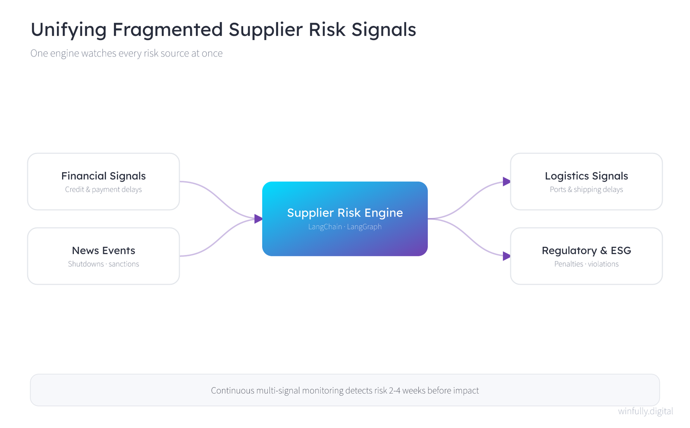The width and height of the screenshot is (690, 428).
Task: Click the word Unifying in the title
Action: (69, 30)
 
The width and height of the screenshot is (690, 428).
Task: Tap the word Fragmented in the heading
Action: (167, 30)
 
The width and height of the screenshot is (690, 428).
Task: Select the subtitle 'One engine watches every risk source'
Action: (110, 53)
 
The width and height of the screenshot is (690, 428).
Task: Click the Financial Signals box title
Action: (103, 176)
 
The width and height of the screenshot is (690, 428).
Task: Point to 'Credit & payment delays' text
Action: (103, 189)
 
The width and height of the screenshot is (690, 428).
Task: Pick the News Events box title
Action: (103, 251)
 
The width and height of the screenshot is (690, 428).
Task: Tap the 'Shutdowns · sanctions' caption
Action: (103, 264)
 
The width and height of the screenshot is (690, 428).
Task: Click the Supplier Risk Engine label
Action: (345, 213)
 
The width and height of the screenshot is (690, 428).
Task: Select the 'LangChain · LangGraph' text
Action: (345, 227)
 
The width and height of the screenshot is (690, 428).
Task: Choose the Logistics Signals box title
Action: (586, 176)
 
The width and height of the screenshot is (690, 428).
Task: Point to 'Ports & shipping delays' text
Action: (586, 189)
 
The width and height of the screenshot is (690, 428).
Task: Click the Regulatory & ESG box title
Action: (586, 251)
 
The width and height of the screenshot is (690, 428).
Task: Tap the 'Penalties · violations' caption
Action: (586, 264)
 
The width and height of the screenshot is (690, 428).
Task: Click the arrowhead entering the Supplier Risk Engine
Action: (258, 219)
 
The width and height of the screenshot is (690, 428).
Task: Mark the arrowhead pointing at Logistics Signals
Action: (506, 182)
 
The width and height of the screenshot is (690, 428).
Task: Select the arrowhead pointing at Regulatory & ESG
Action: (506, 256)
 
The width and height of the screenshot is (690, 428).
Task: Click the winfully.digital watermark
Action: (646, 411)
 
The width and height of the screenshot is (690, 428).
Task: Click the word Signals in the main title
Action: (384, 30)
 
